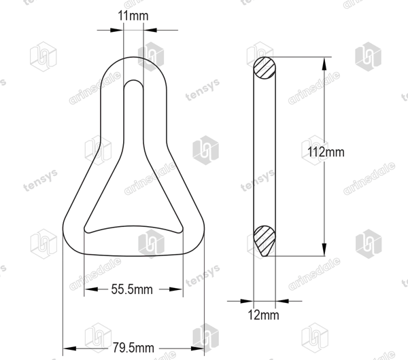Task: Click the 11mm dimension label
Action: coord(133,16)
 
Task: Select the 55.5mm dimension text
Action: coord(132,289)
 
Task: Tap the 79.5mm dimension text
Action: coord(133,348)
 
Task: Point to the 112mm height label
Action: coord(326,151)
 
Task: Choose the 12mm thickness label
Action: coord(263,315)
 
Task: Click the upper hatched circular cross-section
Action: coord(265,68)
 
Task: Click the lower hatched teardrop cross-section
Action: coord(265,241)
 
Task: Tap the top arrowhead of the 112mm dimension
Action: coord(324,64)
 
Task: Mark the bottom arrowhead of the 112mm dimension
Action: coord(324,249)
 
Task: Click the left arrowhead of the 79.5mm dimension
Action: coord(69,348)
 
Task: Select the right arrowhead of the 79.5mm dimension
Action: coord(197,348)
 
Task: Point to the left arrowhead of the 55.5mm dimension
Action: coord(91,289)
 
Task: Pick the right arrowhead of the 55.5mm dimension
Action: coord(176,289)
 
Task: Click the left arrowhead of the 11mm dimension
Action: coord(117,30)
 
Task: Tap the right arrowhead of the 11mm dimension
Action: coord(150,30)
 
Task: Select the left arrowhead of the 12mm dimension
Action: coord(247,302)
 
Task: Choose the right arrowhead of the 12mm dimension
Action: coord(282,302)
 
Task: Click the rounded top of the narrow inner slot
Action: coord(133,80)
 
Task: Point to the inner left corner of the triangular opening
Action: coord(86,230)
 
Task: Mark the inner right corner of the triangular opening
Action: coord(181,230)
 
